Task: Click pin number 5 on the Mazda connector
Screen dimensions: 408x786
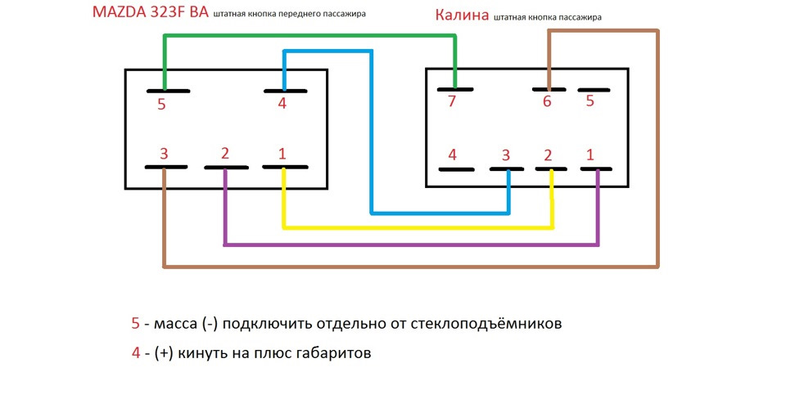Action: tap(166, 91)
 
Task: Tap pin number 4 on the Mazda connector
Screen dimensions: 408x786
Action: tap(285, 90)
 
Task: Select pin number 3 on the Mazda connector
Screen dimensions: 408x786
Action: tap(165, 167)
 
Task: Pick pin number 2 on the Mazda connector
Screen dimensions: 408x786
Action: tap(225, 168)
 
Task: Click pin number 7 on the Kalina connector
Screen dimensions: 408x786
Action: tap(455, 88)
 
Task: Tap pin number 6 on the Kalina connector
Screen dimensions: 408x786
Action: tap(548, 89)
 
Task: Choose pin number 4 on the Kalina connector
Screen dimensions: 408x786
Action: tap(455, 169)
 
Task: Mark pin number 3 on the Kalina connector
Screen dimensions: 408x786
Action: tap(508, 169)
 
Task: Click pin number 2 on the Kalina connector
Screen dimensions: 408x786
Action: tap(551, 169)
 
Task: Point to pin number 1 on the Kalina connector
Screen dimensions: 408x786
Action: tap(596, 169)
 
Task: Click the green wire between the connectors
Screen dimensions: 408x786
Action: tap(311, 37)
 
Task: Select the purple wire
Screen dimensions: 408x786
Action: tap(409, 244)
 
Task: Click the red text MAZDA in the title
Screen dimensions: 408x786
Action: tap(123, 13)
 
